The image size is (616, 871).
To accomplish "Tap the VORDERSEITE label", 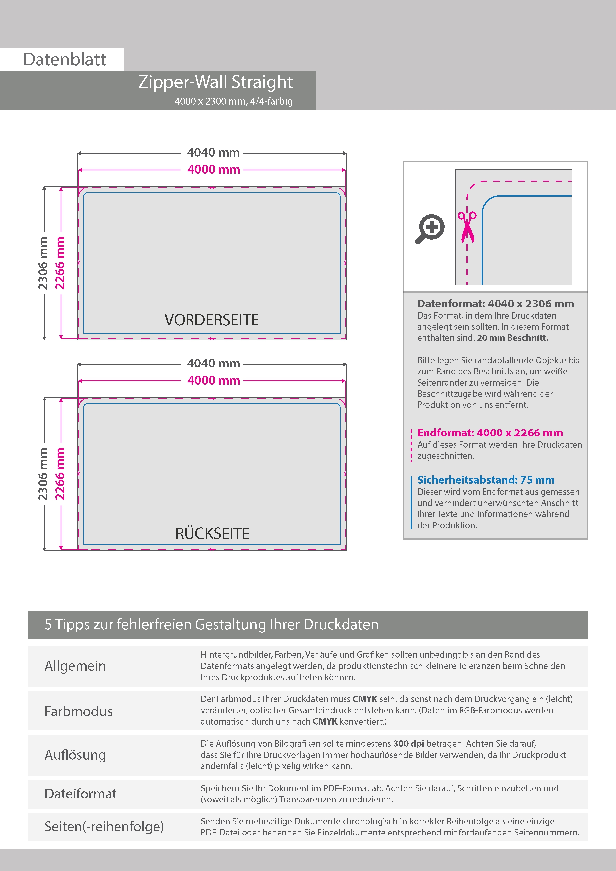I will (211, 320).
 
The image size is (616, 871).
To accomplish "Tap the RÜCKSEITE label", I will (212, 533).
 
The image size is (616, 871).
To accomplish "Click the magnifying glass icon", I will (430, 229).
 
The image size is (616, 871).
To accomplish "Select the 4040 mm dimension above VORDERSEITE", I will (213, 152).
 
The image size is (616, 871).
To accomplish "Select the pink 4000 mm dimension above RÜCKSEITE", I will (213, 380).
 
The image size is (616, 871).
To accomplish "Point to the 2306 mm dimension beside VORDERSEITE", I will (43, 263).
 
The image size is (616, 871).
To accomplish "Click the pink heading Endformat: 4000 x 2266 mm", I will (490, 433).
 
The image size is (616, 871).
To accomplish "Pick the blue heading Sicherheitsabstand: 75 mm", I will (485, 480).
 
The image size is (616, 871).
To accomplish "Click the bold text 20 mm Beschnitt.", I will (512, 338).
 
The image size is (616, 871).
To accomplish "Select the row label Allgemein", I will (75, 666).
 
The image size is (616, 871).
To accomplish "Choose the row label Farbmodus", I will (78, 711).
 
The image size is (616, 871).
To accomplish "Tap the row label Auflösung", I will (75, 755).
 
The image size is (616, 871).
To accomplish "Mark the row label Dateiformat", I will (80, 794).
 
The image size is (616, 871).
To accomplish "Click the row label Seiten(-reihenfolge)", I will (104, 826).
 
